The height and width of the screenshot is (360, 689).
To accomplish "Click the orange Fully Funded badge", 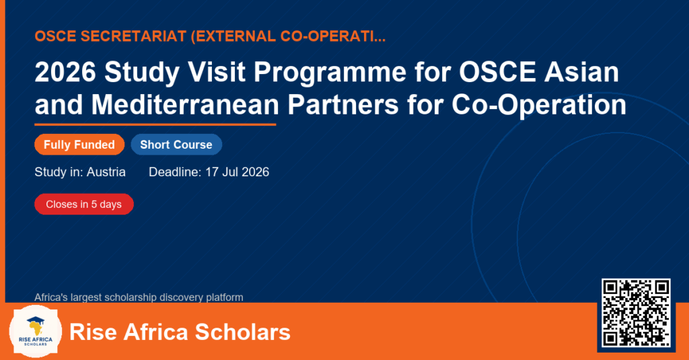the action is click(x=79, y=145).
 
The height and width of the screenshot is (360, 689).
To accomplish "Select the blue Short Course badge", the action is click(x=176, y=145).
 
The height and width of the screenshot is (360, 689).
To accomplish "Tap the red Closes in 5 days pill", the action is click(x=84, y=205).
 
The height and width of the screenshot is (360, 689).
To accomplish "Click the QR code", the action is click(x=636, y=313).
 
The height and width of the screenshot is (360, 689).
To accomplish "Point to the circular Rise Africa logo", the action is click(x=36, y=332).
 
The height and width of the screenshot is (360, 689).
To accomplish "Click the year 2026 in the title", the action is click(x=65, y=71).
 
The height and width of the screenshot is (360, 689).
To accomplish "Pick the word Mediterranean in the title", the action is click(x=185, y=105).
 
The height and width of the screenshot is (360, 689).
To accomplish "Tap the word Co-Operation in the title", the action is click(x=539, y=106).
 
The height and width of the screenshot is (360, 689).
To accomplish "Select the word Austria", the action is click(x=106, y=172).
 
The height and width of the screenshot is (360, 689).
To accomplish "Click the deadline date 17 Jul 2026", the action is click(x=237, y=172).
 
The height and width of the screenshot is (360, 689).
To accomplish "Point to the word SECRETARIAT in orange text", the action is click(x=134, y=36).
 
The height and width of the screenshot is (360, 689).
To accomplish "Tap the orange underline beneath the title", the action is click(x=155, y=125).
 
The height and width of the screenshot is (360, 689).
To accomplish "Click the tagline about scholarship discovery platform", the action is click(x=139, y=297).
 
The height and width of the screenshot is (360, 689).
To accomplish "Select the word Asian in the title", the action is click(x=581, y=71).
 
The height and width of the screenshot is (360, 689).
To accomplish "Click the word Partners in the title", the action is click(x=342, y=105).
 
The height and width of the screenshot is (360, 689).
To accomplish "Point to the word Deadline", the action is click(x=175, y=172).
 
